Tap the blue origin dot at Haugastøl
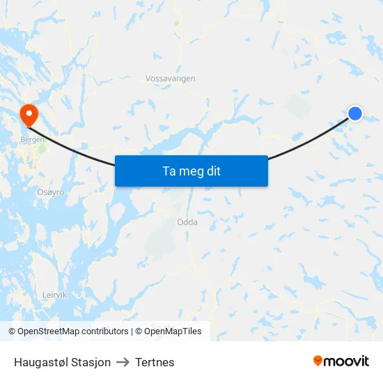[355, 113]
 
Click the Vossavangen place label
[171, 79]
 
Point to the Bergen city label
[33, 139]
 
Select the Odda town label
[187, 222]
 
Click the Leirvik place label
[54, 295]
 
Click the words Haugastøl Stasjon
[62, 362]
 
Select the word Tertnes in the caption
[155, 362]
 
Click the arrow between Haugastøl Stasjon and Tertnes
[123, 362]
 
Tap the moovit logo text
[347, 361]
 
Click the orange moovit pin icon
[318, 361]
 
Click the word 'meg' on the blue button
[194, 171]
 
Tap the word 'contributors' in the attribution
[105, 331]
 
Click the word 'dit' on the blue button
[214, 171]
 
